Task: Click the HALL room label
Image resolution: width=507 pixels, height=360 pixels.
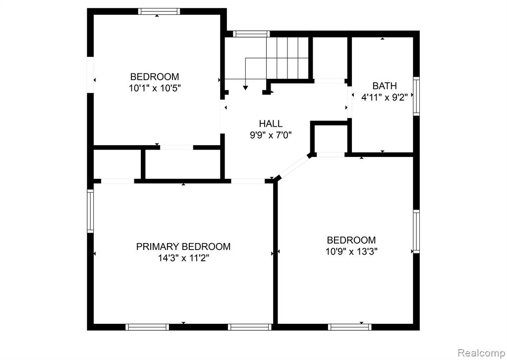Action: pos(271,123)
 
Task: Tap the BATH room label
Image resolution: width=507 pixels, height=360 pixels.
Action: pos(385,86)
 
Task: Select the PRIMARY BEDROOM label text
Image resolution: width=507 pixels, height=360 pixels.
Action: pos(183,247)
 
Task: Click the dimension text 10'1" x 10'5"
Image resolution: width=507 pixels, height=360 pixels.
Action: pos(155,88)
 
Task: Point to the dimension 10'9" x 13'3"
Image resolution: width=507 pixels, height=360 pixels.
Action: pos(351,252)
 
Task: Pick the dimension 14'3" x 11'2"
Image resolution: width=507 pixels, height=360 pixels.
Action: pos(183,258)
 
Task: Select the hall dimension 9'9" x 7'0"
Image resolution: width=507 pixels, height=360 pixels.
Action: pos(271,135)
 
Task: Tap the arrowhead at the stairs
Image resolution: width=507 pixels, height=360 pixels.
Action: pos(245,87)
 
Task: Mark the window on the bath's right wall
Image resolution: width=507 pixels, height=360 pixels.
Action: pos(416,96)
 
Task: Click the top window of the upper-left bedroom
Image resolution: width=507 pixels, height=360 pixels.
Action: pos(159,11)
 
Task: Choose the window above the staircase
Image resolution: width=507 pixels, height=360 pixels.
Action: pos(251,34)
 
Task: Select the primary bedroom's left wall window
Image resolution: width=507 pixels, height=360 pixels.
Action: pos(90,211)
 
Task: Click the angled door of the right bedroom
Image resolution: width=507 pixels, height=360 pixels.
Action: pos(293,167)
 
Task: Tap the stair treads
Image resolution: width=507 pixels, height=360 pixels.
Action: pos(287,58)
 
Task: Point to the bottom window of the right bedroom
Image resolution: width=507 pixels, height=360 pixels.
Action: pos(350,327)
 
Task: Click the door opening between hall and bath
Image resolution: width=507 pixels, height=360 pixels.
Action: pos(349,102)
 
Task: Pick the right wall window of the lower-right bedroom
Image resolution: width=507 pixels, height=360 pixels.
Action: pos(416,231)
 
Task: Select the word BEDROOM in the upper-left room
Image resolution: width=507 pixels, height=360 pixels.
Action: pos(155,77)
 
